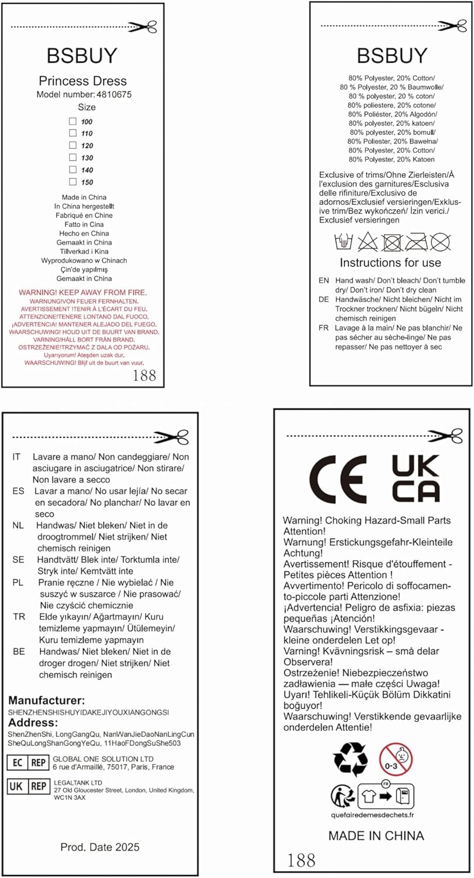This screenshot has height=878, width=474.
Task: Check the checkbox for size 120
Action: click(73, 145)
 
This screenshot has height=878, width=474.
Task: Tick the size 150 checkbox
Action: click(73, 182)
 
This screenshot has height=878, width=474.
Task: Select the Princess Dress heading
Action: click(83, 81)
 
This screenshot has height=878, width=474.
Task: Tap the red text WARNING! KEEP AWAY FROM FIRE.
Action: click(83, 292)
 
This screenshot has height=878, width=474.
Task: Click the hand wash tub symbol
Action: click(342, 241)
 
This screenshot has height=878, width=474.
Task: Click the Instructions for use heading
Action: click(390, 263)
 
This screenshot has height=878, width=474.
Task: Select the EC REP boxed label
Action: click(27, 763)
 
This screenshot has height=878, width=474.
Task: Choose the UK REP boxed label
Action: click(27, 786)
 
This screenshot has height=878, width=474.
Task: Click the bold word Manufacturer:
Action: click(46, 701)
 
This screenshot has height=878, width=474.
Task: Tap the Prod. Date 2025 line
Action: click(100, 847)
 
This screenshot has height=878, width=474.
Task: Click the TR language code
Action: click(18, 617)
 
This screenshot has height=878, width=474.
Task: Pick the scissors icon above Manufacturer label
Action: click(175, 437)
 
